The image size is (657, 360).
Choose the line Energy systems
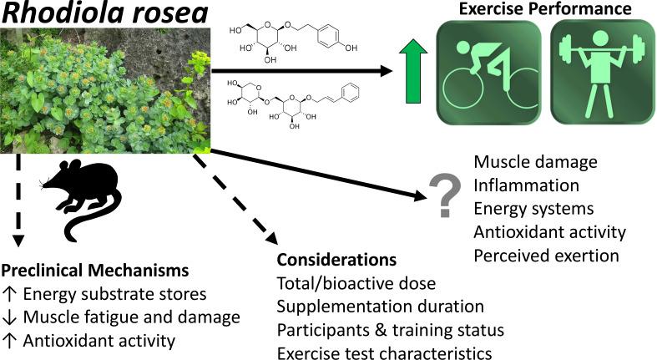533,208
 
